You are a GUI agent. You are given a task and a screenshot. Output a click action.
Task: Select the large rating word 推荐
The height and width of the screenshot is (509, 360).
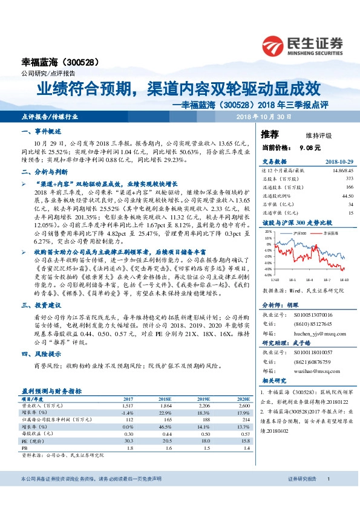point(270,133)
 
